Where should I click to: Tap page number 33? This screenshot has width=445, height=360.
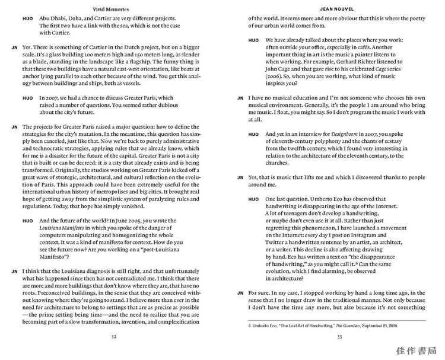(339, 337)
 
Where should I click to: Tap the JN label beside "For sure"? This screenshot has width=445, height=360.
(240, 293)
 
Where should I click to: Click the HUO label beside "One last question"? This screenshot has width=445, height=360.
(254, 199)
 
